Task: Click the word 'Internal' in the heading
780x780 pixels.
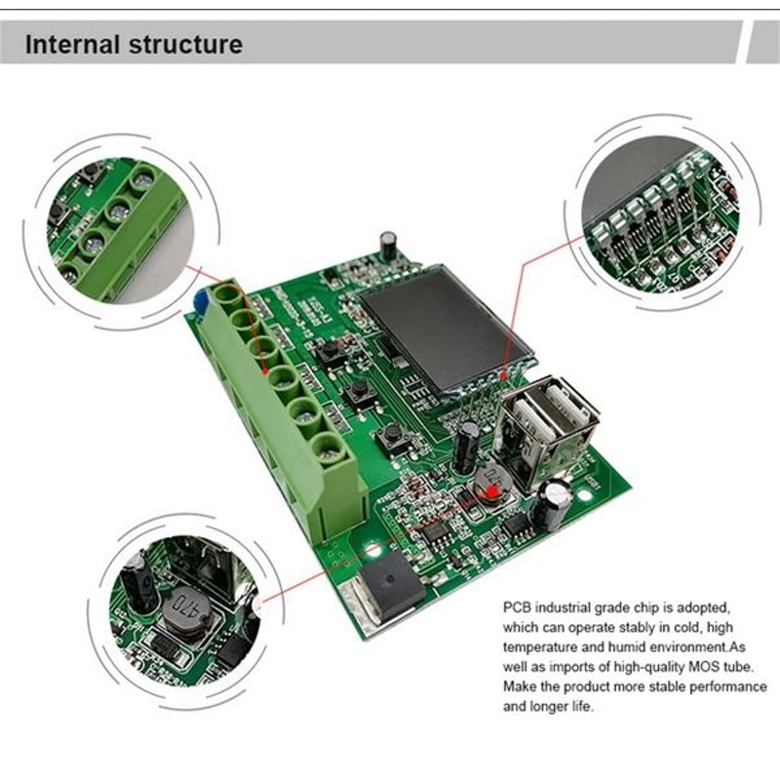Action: pos(71,44)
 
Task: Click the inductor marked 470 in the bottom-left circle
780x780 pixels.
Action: pos(186,610)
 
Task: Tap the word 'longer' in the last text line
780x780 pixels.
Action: pos(548,707)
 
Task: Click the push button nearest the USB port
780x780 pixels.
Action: pos(395,433)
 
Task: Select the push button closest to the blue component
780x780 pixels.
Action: pos(331,348)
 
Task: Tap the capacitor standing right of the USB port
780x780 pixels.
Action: pos(556,497)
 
